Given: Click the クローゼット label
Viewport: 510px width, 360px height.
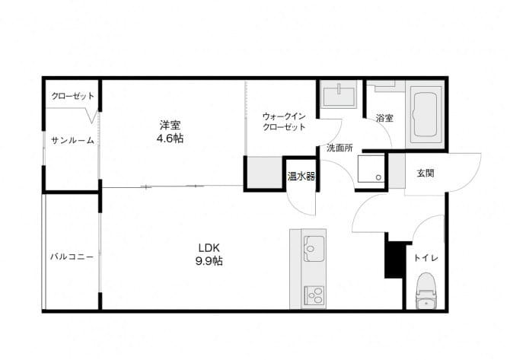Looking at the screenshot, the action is pos(73,96).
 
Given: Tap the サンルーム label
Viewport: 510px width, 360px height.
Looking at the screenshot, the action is pos(72,141).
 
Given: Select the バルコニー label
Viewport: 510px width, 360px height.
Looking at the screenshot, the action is pos(72,257).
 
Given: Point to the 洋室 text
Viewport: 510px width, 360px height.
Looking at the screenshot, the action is pos(170,125).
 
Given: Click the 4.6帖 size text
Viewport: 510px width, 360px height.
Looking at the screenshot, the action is pos(170,139).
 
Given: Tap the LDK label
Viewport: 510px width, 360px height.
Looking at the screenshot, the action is pos(209,248).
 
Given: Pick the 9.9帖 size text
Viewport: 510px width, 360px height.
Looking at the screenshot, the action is pos(209,261).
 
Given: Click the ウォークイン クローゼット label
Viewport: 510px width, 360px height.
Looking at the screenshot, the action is pos(284,122).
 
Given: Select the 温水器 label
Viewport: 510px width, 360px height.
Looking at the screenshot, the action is pos(301,177).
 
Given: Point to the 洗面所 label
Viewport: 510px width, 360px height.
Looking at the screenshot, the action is pos(339,148).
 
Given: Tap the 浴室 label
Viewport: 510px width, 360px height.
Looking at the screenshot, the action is pos(384,118).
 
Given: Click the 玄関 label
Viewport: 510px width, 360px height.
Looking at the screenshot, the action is pos(426,173).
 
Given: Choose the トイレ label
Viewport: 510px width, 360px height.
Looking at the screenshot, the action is pos(426,258).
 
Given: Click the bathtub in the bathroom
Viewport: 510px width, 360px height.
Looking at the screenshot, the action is pos(425,115).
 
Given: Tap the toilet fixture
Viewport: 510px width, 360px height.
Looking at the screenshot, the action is pos(427,291).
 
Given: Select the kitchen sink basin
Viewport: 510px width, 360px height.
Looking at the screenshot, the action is pos(314,248).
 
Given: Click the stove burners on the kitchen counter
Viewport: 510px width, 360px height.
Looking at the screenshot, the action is pos(314,295).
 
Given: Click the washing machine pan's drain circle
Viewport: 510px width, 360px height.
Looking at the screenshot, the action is pos(378,177).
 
